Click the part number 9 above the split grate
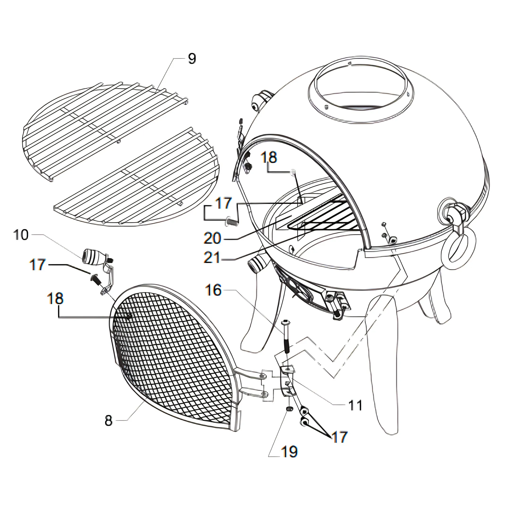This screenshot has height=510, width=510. [x=192, y=59]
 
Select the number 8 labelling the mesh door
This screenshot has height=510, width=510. [x=109, y=421]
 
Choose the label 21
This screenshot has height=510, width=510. [x=212, y=258]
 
